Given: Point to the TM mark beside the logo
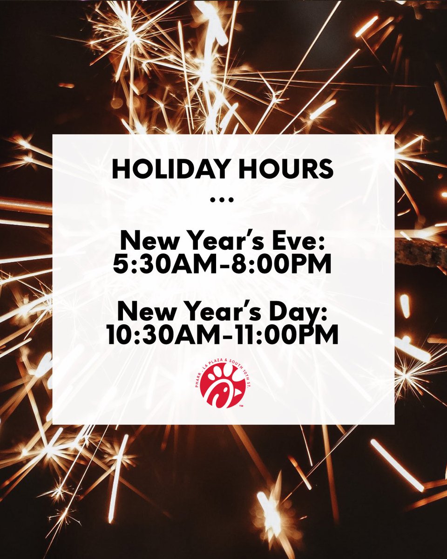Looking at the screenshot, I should (241, 406).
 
